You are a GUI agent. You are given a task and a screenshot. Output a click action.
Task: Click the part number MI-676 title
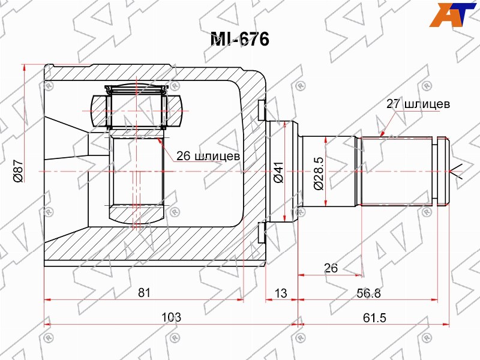[239, 39]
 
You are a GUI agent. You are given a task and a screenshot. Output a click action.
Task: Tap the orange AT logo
[453, 14]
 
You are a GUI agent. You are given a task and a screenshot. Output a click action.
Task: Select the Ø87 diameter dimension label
[19, 172]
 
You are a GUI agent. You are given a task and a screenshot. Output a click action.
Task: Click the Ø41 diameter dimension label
[278, 172]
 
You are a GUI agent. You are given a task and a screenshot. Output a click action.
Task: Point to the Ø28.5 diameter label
[319, 173]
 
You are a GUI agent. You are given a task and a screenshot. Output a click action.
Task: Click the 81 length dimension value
[144, 293]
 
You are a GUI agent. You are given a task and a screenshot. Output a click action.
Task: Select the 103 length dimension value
[172, 317]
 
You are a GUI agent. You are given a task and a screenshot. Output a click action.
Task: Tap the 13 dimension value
[280, 293]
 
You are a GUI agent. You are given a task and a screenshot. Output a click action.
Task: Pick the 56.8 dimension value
[368, 293]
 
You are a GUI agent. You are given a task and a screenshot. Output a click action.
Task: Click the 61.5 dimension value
[374, 318]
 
